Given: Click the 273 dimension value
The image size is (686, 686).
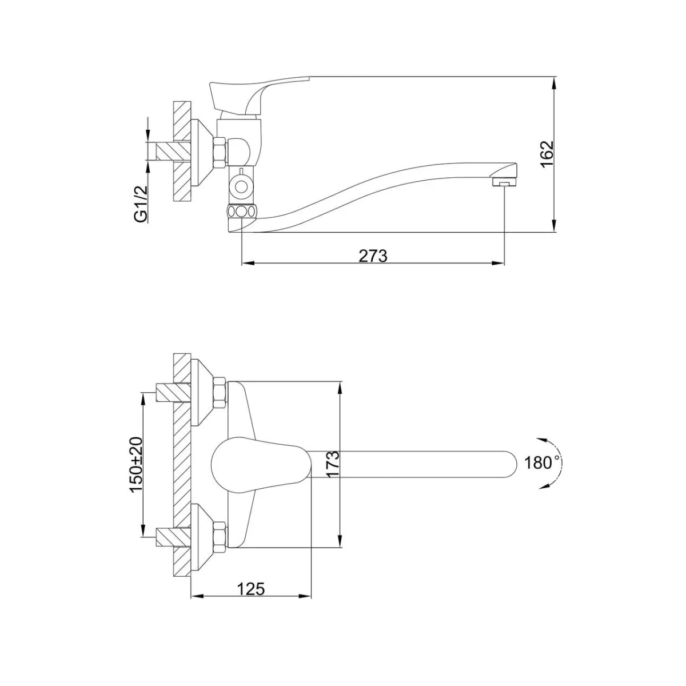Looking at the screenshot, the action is (373, 256).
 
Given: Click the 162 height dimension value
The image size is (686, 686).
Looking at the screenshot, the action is (547, 154).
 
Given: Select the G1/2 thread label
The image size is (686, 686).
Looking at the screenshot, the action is (142, 204).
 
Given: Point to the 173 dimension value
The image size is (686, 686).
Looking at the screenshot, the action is (332, 465).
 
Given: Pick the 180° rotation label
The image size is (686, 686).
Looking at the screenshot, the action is (540, 463).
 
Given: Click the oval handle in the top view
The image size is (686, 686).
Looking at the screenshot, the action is (262, 465).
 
